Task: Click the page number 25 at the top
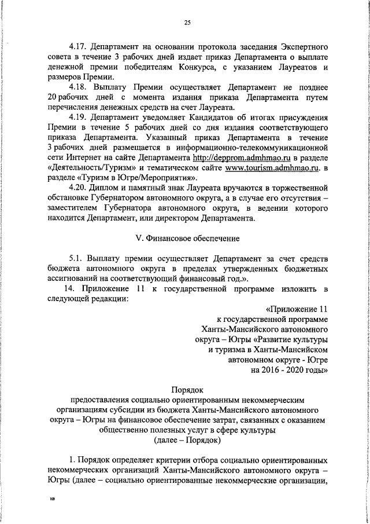click(x=187, y=23)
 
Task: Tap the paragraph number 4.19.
click(x=77, y=115)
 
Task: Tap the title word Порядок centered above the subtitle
click(x=187, y=388)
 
